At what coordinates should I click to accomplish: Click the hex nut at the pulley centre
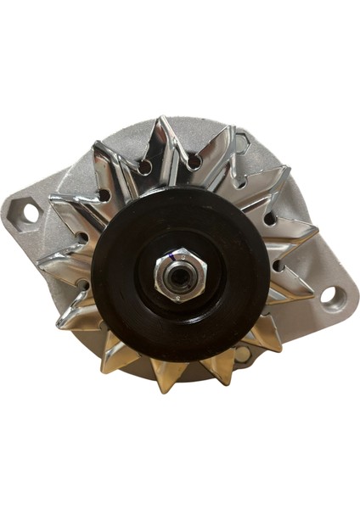point(179,277)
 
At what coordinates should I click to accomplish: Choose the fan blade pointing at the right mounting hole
point(293,288)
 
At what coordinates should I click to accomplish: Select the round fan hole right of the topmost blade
point(194,160)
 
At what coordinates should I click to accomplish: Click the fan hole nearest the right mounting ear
point(279,266)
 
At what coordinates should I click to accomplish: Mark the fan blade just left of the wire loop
point(217,153)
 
